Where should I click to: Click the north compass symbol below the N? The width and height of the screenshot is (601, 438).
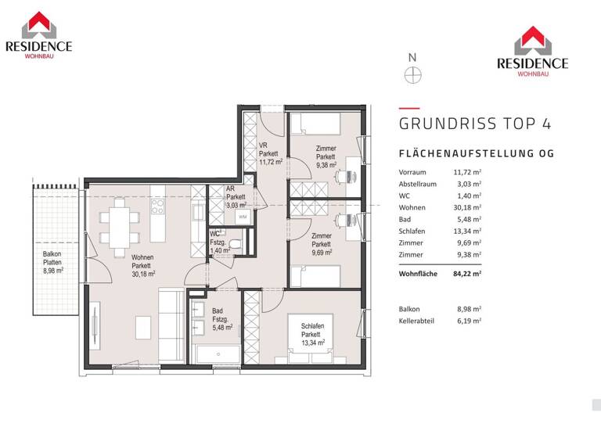pyautogui.click(x=412, y=75)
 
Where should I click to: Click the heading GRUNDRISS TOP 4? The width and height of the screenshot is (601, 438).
pyautogui.click(x=475, y=124)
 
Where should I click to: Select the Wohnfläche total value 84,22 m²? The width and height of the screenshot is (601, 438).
pyautogui.click(x=466, y=274)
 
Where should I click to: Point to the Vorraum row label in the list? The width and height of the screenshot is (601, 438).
pyautogui.click(x=412, y=172)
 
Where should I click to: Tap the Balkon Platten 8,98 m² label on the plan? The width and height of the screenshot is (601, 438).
pyautogui.click(x=52, y=263)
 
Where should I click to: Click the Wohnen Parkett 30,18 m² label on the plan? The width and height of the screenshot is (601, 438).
pyautogui.click(x=142, y=266)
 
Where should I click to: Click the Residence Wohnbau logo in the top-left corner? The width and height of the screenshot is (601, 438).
pyautogui.click(x=38, y=36)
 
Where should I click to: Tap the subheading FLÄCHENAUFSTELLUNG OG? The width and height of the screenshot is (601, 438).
pyautogui.click(x=477, y=154)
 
